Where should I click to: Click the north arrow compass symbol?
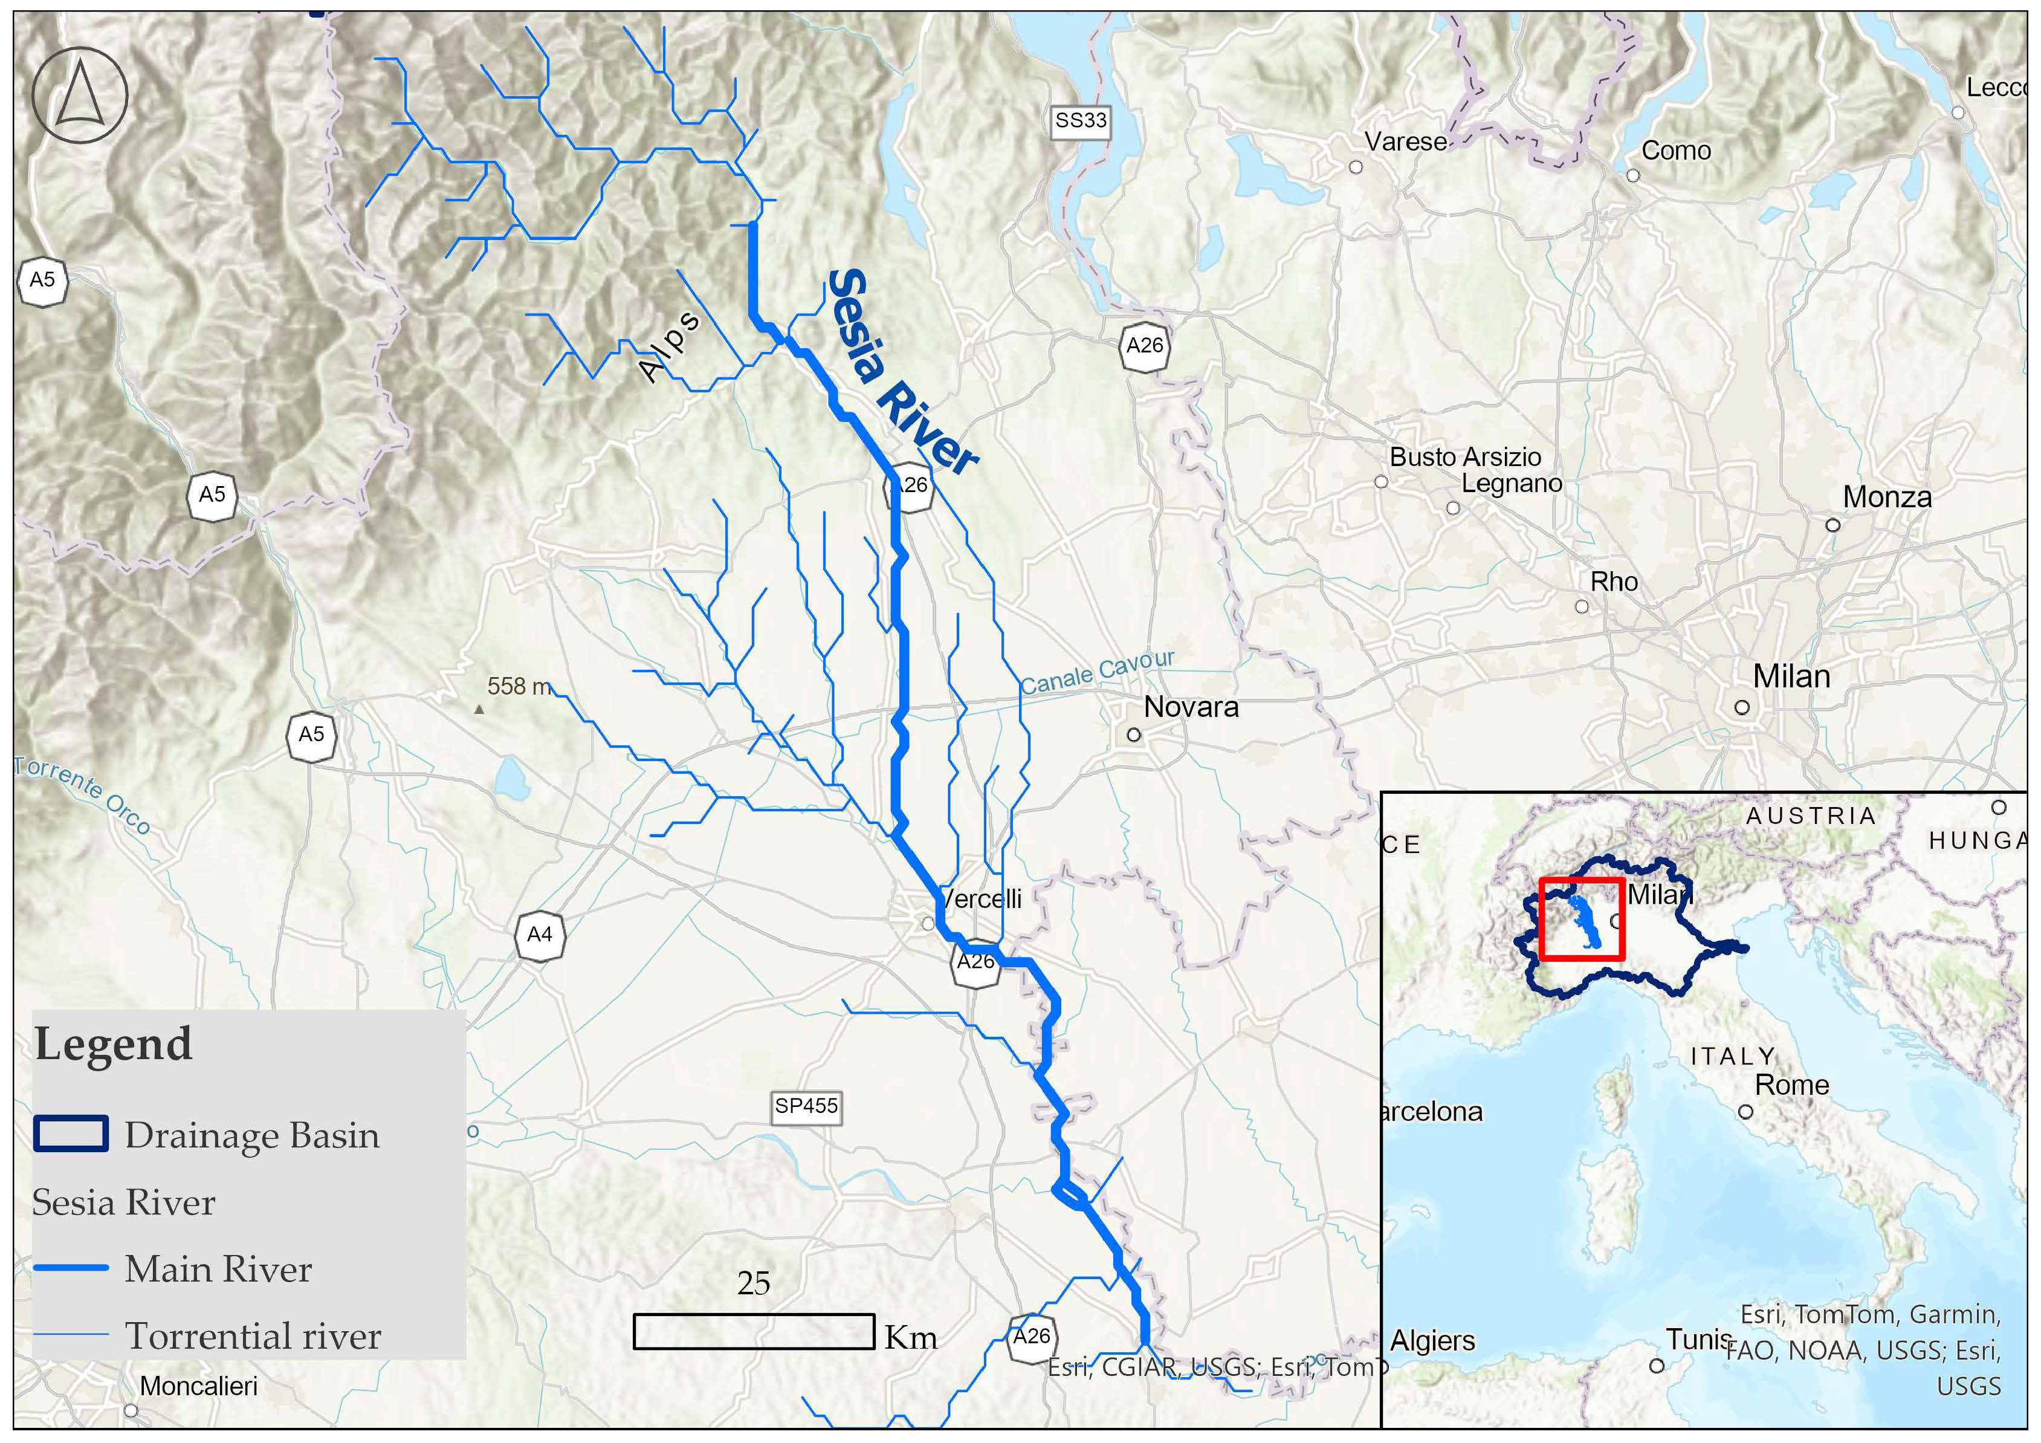click(79, 95)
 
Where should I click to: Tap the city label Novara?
click(1190, 707)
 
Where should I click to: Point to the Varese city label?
click(1405, 141)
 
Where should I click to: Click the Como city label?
click(1675, 151)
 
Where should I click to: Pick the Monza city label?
click(1886, 497)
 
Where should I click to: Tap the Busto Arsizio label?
click(1465, 457)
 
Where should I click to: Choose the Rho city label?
click(1614, 582)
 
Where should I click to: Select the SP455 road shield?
click(806, 1106)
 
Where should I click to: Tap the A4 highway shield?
click(540, 935)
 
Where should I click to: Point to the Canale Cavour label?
click(1097, 672)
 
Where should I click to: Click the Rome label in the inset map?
click(1791, 1085)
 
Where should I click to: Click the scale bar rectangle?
click(753, 1331)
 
